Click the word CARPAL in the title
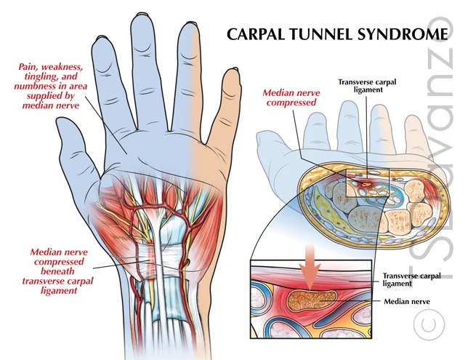pos(256,34)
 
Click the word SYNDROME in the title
pos(403,34)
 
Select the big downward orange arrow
pos(310,266)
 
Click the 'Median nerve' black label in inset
pos(407,302)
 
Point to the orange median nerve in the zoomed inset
pos(312,299)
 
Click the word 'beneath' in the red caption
pos(57,271)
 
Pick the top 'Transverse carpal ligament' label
pos(367,86)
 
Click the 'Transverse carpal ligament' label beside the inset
pos(412,279)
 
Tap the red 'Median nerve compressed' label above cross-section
pos(291,97)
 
